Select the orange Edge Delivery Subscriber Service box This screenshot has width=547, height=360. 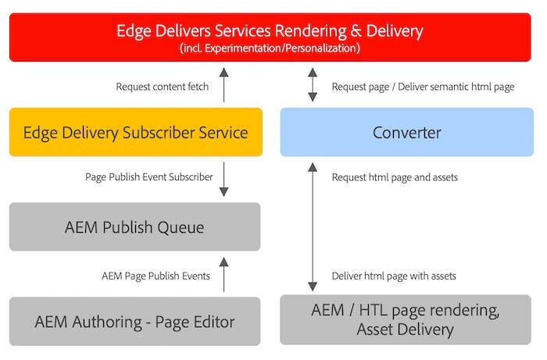(x=135, y=133)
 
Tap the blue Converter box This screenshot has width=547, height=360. (x=406, y=133)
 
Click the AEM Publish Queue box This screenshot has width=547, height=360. (x=135, y=227)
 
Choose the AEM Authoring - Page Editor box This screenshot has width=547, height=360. (x=135, y=321)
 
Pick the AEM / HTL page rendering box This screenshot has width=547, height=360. (x=406, y=320)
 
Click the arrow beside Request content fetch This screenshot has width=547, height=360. (x=224, y=85)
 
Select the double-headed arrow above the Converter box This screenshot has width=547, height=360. (x=313, y=85)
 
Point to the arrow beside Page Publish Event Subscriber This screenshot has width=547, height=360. (x=224, y=179)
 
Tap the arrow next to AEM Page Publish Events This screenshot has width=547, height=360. (x=224, y=275)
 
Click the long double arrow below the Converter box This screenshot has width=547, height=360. (x=313, y=226)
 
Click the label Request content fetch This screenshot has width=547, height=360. (x=163, y=87)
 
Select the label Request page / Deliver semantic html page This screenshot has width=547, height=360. (x=423, y=87)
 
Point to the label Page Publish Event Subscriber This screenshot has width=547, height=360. (x=149, y=177)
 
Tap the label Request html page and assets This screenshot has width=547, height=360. (x=395, y=177)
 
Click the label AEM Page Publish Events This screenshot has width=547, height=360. (x=156, y=276)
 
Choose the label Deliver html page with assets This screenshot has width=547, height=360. (x=394, y=276)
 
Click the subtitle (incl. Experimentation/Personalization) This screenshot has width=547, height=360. (x=270, y=48)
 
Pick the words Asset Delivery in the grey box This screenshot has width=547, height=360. (x=405, y=330)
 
